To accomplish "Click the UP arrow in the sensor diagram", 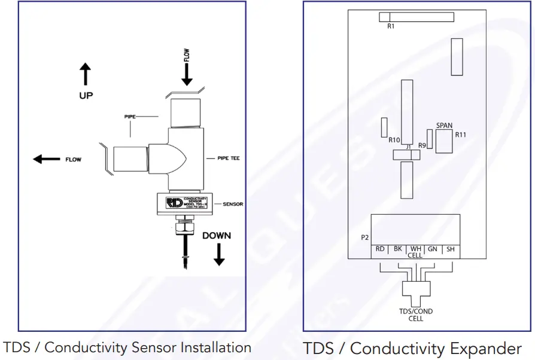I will [x=86, y=75].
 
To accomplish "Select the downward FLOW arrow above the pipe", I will [x=187, y=74].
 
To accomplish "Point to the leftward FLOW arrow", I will [x=47, y=159].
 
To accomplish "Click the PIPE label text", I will [x=131, y=117].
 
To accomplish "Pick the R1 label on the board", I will [x=391, y=26].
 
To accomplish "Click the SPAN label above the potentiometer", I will [x=444, y=126].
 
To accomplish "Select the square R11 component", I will [x=444, y=142].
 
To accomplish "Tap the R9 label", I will [x=422, y=145].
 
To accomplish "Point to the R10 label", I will [x=394, y=141].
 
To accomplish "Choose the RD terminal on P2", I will [x=379, y=249].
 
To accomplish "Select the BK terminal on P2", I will [x=397, y=249].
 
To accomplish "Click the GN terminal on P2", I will [x=433, y=249].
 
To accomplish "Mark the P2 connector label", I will [x=365, y=237].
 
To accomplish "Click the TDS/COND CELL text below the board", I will [x=415, y=315].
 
